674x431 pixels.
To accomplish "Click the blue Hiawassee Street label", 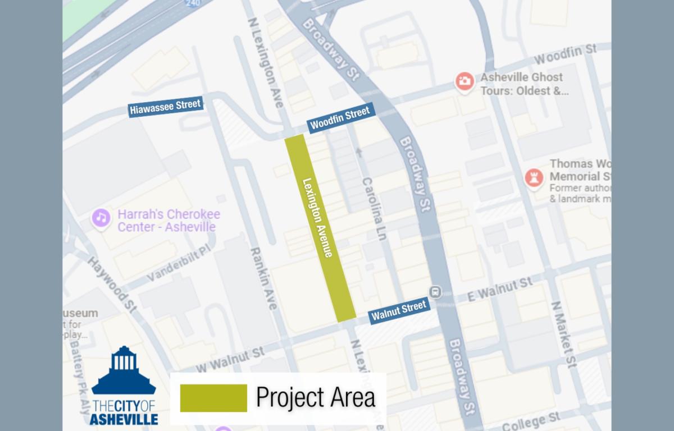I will coord(165,107).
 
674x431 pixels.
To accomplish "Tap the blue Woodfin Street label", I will coord(340,118).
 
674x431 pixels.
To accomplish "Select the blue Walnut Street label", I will coord(399,310).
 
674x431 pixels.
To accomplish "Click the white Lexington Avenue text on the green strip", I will coord(317,218).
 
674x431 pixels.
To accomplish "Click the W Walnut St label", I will coord(230,359).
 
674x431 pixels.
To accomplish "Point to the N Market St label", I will coord(563,333).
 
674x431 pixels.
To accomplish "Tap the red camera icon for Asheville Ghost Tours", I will coord(464,81).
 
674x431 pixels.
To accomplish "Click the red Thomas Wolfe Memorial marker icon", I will coord(532,178).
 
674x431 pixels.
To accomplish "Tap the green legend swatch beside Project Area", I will coord(213,397).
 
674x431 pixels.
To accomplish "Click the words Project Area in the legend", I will coord(315,397).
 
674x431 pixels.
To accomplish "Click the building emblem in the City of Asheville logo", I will coord(124,370).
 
